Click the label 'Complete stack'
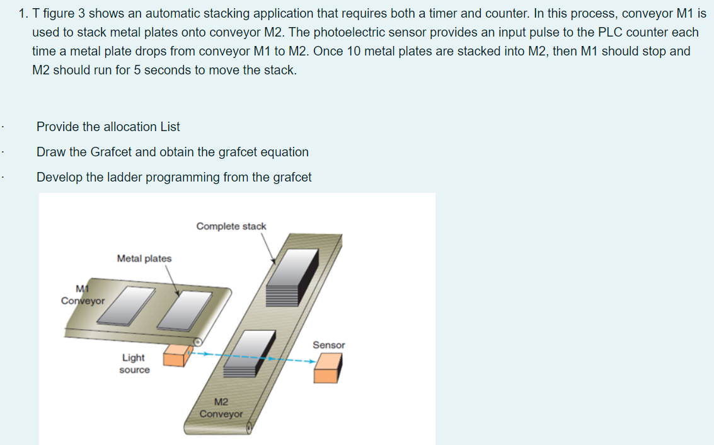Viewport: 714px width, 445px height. click(231, 226)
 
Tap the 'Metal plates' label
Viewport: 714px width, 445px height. click(144, 258)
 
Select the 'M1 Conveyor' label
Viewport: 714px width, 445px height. click(83, 295)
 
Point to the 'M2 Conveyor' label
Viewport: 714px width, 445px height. click(221, 408)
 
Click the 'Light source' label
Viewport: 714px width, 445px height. click(134, 364)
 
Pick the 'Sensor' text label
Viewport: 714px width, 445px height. click(328, 345)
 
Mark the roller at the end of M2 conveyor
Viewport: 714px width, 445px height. click(250, 429)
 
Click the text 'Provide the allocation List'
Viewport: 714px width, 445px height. click(108, 127)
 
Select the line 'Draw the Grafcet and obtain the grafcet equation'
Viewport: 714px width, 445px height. click(172, 152)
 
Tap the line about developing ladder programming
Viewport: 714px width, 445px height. click(174, 177)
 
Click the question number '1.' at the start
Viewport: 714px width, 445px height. click(23, 13)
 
